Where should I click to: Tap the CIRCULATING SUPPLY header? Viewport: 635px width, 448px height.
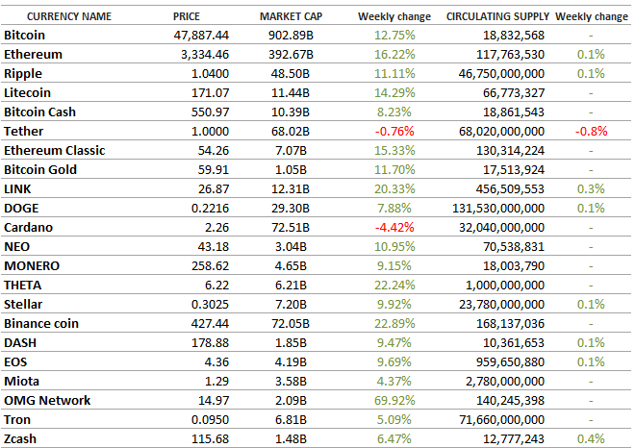click(498, 17)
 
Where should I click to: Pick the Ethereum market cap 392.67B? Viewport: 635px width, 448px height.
click(292, 55)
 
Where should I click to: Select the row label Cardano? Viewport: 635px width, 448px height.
click(29, 228)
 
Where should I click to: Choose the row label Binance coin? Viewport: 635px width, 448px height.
click(41, 324)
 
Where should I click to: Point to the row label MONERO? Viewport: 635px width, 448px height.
click(33, 266)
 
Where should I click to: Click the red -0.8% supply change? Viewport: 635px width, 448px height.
click(591, 132)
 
